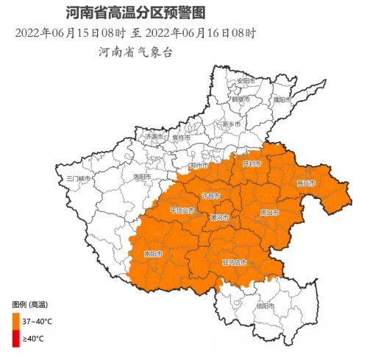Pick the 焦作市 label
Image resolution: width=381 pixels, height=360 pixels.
coord(181,137)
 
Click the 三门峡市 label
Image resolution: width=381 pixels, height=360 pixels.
coord(78,178)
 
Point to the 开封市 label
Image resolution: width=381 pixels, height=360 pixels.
coord(252,163)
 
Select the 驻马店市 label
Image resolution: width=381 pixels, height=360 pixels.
coord(235,262)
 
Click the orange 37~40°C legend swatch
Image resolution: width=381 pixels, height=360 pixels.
coord(15,320)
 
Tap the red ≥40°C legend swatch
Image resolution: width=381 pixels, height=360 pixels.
coord(15,339)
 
